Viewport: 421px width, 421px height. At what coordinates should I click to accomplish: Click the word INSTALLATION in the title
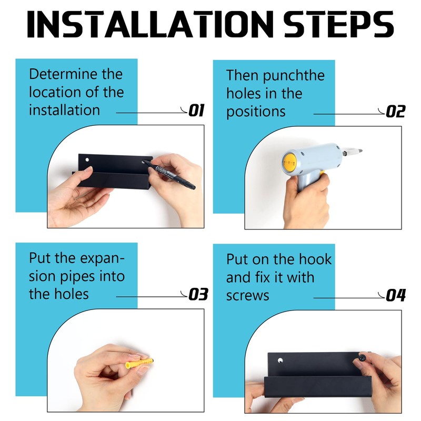(x=151, y=24)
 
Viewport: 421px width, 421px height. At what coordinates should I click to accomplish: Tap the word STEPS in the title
(x=338, y=24)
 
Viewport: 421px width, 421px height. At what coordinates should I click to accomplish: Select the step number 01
(x=196, y=111)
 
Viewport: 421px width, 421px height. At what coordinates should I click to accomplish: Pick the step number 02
(x=396, y=112)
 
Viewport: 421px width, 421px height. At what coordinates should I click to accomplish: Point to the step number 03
(x=198, y=294)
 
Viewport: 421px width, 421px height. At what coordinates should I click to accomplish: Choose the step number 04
(x=396, y=296)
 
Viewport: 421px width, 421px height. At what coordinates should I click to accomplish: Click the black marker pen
(x=169, y=175)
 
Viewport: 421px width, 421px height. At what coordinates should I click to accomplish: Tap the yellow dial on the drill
(x=289, y=162)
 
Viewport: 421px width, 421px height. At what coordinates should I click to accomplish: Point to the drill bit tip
(x=360, y=151)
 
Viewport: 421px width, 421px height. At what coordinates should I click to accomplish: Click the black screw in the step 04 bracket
(x=362, y=358)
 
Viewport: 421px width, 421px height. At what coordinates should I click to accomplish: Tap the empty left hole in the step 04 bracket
(x=280, y=360)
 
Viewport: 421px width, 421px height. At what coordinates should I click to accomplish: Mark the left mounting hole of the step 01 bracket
(x=87, y=160)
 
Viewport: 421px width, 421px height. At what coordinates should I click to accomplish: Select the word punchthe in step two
(x=294, y=76)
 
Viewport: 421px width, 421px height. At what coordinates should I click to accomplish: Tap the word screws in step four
(x=247, y=296)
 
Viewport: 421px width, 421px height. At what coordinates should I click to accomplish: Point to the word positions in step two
(x=256, y=112)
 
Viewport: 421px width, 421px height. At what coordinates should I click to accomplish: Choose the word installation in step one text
(x=64, y=110)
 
